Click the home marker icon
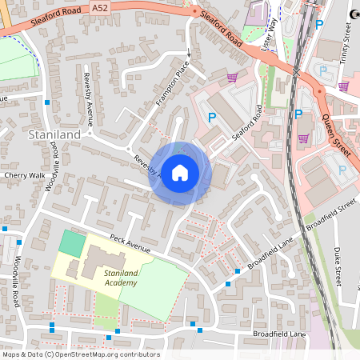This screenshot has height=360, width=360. [180, 173]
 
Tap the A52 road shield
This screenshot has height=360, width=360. [99, 7]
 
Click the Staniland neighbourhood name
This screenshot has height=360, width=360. [54, 135]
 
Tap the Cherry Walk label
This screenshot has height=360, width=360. [23, 174]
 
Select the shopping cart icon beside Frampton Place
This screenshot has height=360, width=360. [232, 77]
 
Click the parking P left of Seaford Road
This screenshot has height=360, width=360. [212, 118]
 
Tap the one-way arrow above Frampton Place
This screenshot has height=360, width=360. [190, 54]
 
